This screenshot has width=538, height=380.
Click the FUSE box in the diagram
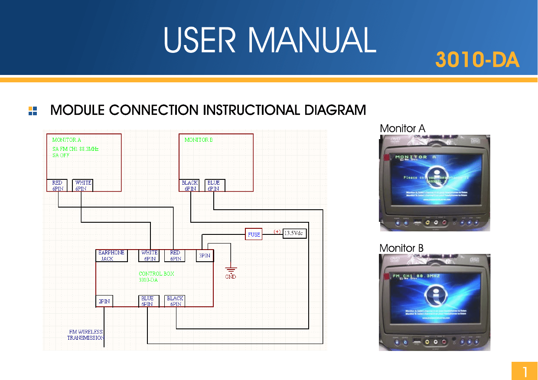(x=254, y=234)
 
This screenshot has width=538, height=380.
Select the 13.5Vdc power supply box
(x=295, y=233)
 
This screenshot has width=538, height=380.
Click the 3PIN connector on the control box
(x=205, y=256)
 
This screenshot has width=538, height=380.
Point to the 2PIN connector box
(x=104, y=301)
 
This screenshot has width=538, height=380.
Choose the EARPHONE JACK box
(x=111, y=256)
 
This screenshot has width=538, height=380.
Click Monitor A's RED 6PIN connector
(x=57, y=185)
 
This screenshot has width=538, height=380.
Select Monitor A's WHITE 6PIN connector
(x=82, y=185)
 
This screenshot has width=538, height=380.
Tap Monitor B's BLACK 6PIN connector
(x=190, y=185)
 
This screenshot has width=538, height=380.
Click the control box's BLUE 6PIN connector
(x=147, y=301)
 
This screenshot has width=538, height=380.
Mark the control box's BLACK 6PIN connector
(x=175, y=301)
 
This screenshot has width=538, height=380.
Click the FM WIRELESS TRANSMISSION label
(x=85, y=335)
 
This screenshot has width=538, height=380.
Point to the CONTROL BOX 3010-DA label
(x=156, y=277)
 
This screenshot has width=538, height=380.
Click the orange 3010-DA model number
(x=477, y=60)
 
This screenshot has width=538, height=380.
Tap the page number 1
(x=525, y=371)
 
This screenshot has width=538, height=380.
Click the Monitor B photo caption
(x=401, y=248)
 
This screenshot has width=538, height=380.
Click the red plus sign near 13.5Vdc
(x=277, y=231)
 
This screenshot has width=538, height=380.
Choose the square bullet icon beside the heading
(x=33, y=111)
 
